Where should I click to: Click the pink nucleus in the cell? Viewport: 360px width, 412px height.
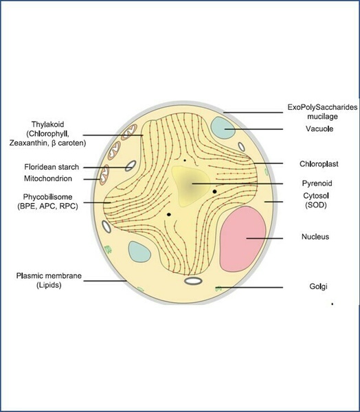click(243, 239)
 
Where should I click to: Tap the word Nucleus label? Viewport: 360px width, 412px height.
click(315, 236)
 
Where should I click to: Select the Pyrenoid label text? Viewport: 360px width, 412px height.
click(317, 183)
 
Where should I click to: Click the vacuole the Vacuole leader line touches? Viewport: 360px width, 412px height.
click(223, 128)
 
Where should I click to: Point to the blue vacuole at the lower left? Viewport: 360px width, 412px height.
click(139, 252)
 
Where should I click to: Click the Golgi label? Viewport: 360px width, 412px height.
click(318, 286)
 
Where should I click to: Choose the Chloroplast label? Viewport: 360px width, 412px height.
click(319, 163)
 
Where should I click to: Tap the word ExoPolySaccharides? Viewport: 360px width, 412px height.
click(322, 107)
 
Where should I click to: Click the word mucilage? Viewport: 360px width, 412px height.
click(322, 116)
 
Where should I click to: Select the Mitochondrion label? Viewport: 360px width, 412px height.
click(48, 179)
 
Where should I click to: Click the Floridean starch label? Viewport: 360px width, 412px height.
click(52, 167)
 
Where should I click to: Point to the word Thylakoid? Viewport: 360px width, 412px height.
click(47, 124)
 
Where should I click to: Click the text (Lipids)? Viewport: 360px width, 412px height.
click(49, 285)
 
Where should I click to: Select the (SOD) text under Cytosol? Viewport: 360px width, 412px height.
click(316, 205)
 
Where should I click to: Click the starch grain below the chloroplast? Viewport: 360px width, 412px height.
click(193, 281)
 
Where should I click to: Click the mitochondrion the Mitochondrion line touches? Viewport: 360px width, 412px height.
click(104, 175)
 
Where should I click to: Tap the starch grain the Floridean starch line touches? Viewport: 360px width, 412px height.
click(131, 166)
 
